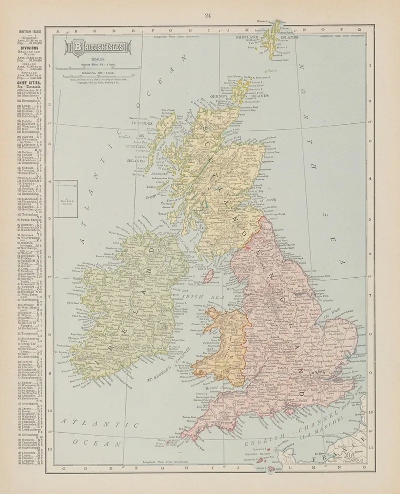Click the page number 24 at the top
pos(207,15)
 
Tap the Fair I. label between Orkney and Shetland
pos(272,73)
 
